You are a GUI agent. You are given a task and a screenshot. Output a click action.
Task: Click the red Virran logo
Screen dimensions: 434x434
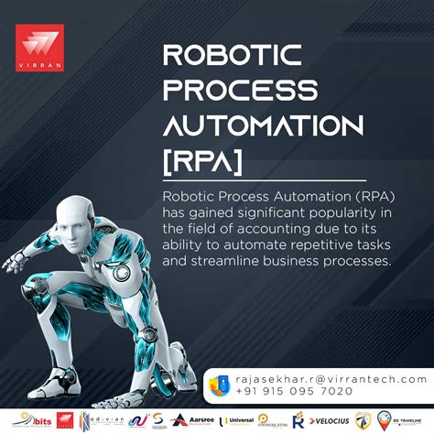coord(42,46)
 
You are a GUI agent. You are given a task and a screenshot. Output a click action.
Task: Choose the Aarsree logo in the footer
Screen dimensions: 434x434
coord(198,420)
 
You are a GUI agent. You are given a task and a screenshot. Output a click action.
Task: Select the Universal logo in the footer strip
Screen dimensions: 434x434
coord(239,420)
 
